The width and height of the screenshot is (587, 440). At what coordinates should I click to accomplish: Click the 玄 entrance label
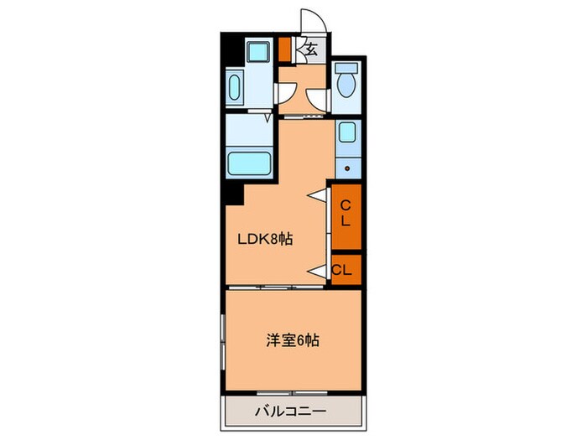click(x=310, y=49)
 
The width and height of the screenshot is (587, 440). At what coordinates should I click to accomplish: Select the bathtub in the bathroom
click(x=248, y=162)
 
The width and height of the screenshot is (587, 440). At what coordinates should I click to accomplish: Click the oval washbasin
click(x=234, y=85)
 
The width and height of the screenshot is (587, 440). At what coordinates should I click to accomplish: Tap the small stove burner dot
click(x=346, y=167)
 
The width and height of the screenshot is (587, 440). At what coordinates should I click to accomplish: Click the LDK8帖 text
click(x=265, y=239)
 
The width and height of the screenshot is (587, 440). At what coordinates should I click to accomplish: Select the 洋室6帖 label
click(x=292, y=341)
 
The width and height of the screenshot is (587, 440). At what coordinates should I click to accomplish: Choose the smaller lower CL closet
click(x=343, y=270)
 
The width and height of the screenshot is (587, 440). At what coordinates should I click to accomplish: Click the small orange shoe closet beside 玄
click(x=285, y=49)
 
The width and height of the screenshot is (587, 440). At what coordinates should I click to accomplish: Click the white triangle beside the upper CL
click(x=317, y=195)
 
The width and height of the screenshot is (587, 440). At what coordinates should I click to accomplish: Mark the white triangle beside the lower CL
click(x=317, y=270)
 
